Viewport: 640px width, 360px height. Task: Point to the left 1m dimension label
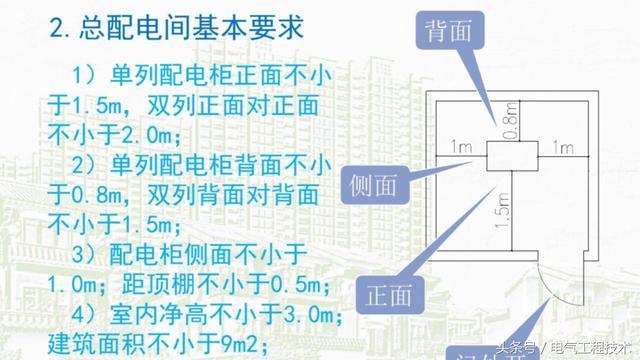tap(461, 148)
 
